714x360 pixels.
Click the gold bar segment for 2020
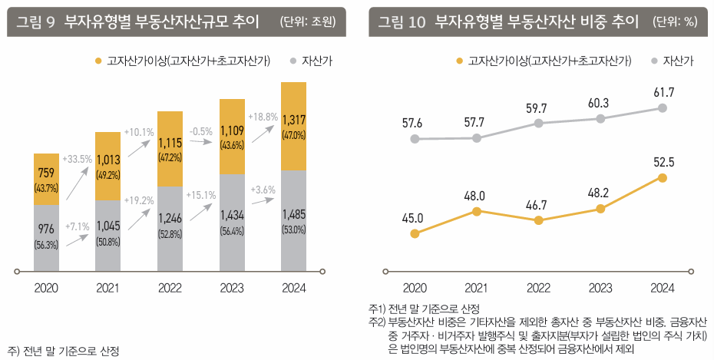[46, 179]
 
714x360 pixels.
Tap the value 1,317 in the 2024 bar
[294, 120]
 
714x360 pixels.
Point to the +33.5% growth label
[78, 159]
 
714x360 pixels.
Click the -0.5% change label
[201, 131]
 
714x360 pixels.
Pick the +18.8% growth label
[263, 117]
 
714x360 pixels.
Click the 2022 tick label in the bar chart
[170, 289]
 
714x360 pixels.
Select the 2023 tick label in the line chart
[600, 289]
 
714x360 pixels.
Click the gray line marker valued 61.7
[663, 108]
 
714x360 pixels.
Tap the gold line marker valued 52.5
[663, 178]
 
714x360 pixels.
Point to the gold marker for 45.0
[415, 233]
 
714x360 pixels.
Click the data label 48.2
[600, 193]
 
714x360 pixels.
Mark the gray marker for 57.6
[415, 139]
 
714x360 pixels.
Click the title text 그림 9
[35, 21]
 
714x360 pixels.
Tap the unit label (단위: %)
[675, 22]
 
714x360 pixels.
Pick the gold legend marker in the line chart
[459, 60]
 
